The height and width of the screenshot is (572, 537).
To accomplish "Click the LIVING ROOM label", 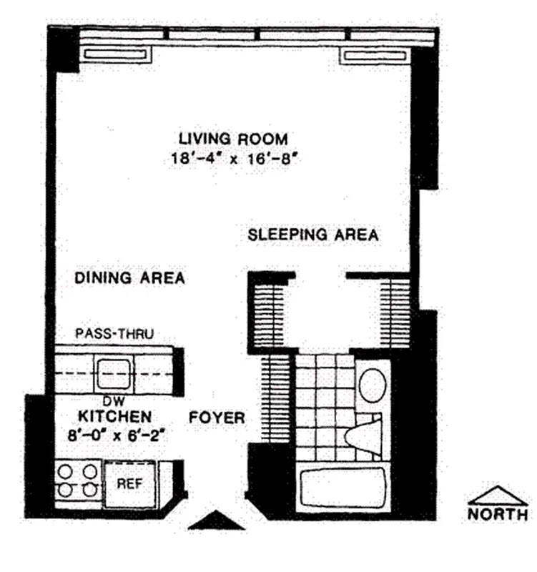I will pos(233,138).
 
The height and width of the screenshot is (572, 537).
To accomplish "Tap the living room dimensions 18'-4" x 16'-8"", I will pos(233,158).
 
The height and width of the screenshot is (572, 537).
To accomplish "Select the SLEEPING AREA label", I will pos(313,235).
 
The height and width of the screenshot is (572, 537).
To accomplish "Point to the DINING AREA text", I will pos(129,278).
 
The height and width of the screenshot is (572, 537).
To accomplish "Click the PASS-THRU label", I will pos(114,333).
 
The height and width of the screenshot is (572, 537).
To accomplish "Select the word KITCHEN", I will pos(114,416).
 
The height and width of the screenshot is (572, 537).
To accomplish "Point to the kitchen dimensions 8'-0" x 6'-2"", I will pos(114,433).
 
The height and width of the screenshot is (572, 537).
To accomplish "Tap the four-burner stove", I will pos(77,480).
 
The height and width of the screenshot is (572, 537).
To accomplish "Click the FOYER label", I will pos(217,418).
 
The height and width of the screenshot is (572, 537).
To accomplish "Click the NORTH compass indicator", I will pos(498,503).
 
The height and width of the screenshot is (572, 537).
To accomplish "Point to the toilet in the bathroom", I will pos(365,433).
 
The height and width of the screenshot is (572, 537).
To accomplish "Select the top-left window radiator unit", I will pos(115,55).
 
